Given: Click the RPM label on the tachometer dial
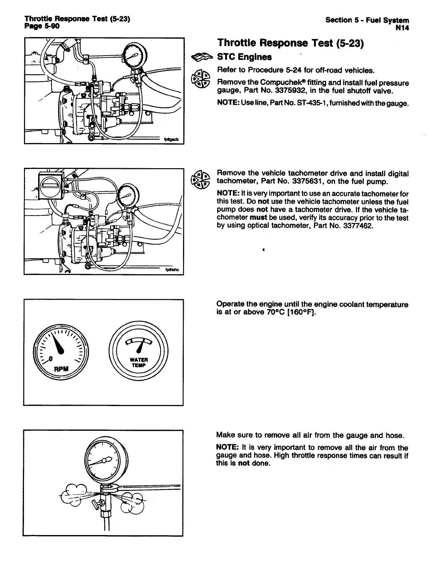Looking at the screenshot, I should (x=61, y=369).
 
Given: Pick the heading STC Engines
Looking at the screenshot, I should (x=244, y=57).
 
